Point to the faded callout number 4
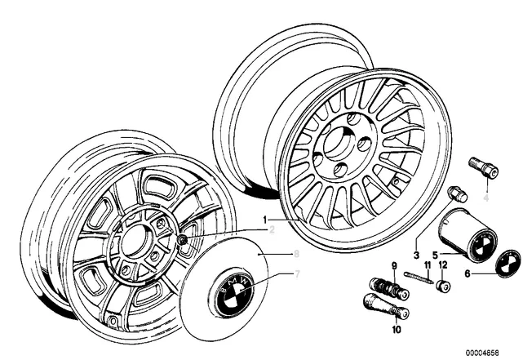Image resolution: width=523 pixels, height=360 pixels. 485,198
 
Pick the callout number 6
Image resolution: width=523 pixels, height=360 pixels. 468,274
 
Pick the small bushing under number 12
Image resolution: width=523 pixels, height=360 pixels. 443,286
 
